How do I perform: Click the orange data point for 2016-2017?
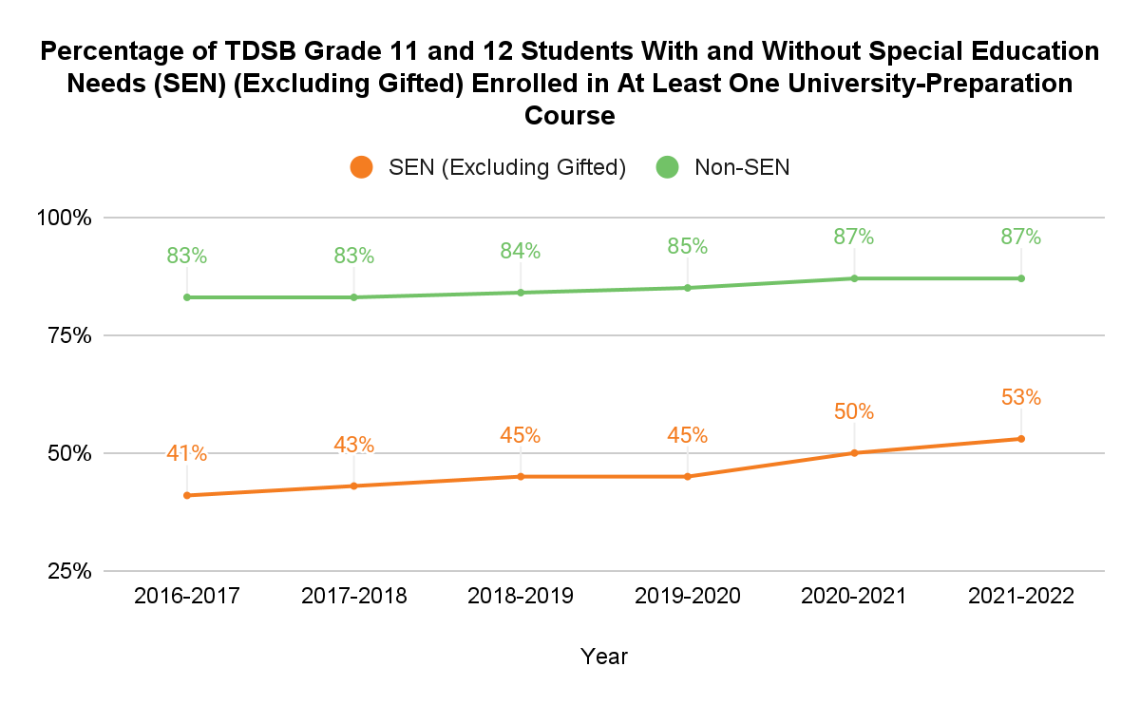point(187,495)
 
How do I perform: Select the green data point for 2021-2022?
point(1021,278)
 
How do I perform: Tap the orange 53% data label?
point(1021,398)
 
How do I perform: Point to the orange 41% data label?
point(187,453)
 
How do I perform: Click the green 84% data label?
point(521,251)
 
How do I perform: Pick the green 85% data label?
point(687,246)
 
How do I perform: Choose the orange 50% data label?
point(854,412)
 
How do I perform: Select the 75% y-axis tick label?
point(69,335)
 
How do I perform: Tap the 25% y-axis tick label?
point(69,571)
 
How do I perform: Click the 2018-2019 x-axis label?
point(521,597)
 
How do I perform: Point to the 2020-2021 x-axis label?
point(854,597)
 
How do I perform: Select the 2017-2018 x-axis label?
point(354,597)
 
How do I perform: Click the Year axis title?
point(604,656)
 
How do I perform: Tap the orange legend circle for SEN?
point(361,167)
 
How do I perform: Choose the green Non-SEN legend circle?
point(668,167)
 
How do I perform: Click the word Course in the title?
point(570,116)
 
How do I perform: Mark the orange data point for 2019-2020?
point(687,476)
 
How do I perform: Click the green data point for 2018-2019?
point(521,293)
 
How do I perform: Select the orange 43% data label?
point(354,445)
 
